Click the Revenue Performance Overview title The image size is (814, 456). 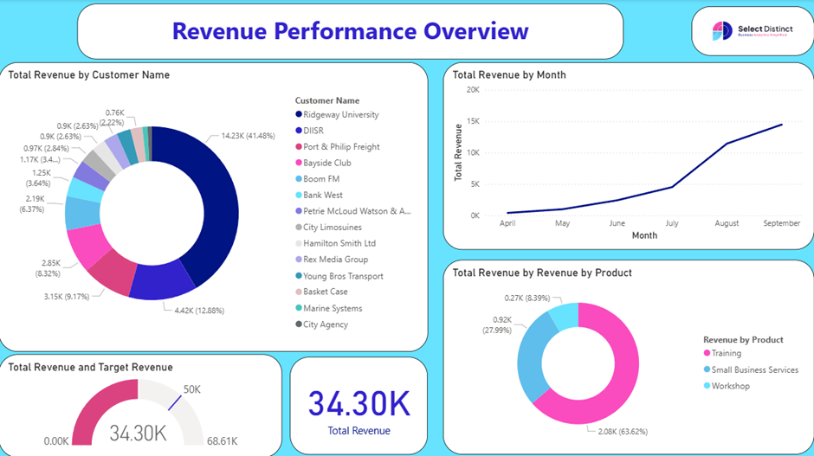(x=350, y=31)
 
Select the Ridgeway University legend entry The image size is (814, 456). (x=336, y=114)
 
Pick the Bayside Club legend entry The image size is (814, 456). (x=327, y=163)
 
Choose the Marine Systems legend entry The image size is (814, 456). (x=332, y=308)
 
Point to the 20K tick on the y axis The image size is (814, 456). (x=472, y=89)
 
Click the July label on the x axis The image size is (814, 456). (x=672, y=223)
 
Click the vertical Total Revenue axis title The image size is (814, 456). (x=459, y=152)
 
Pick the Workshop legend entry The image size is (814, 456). (x=730, y=386)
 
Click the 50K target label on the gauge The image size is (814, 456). (x=191, y=389)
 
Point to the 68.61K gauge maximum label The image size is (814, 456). (x=223, y=441)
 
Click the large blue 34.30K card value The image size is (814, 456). (x=359, y=404)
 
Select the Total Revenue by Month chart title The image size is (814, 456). (x=508, y=75)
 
